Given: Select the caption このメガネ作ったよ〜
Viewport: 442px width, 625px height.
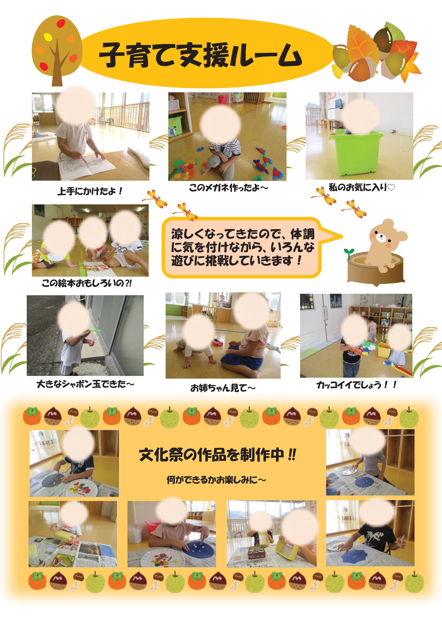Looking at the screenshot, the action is pos(228,188).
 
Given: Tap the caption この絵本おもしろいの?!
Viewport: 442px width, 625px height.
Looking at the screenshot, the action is pos(87,284).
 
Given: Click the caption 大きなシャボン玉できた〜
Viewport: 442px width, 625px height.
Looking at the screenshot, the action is pos(85,384).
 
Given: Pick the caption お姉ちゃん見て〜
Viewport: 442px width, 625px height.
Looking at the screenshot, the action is pos(223,388).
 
